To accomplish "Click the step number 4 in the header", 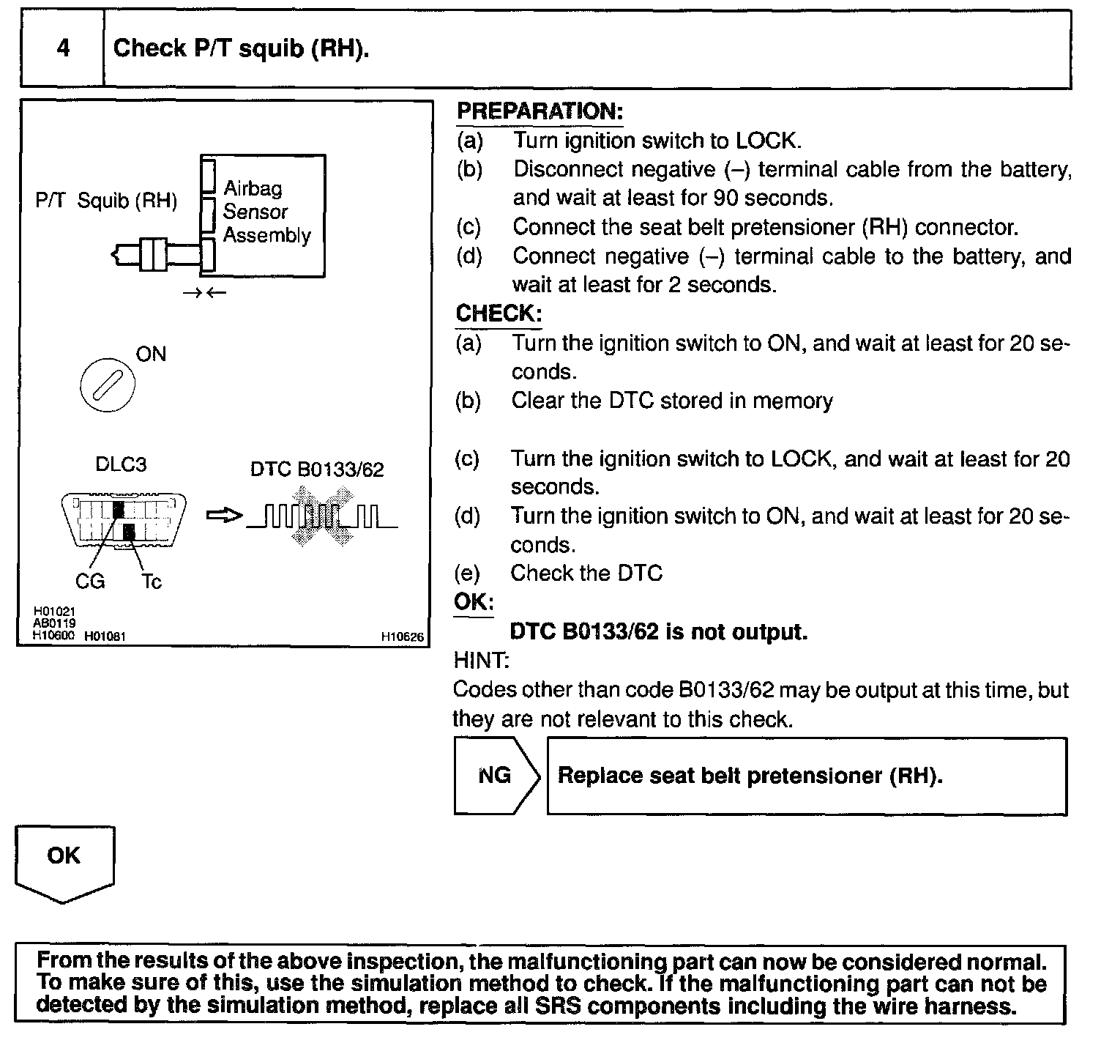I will (x=63, y=48).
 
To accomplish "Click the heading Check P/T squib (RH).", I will (x=241, y=48).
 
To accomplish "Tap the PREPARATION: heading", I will (x=540, y=111).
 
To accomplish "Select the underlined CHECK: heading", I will (x=499, y=313).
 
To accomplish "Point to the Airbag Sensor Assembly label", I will (x=266, y=212).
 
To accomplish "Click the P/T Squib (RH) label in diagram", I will (x=106, y=201).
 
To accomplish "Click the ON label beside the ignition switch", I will (x=151, y=355).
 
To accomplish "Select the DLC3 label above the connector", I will (x=121, y=464).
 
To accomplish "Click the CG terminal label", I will (x=90, y=582).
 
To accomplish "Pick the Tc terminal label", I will (x=152, y=582).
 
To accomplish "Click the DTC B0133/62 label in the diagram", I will (x=317, y=469).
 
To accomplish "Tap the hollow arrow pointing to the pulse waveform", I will (x=224, y=516).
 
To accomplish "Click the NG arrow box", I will (x=496, y=776).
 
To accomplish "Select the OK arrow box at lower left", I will (x=64, y=861).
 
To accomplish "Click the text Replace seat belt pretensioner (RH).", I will (x=750, y=776).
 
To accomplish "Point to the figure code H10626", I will (x=402, y=637).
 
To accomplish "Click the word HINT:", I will (x=481, y=661).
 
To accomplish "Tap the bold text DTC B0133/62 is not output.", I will (x=658, y=631).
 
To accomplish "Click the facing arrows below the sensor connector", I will (x=204, y=293).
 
